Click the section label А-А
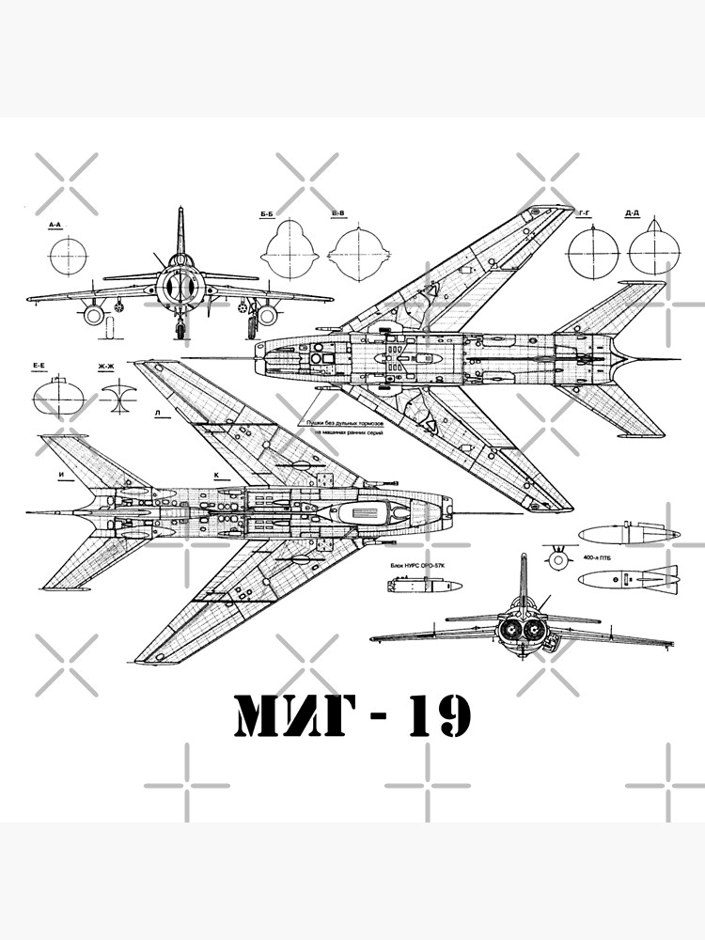pyautogui.click(x=55, y=226)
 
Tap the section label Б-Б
pyautogui.click(x=267, y=215)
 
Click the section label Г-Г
pyautogui.click(x=584, y=214)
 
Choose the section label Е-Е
pyautogui.click(x=39, y=365)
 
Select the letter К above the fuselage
pyautogui.click(x=216, y=476)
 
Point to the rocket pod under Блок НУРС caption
pyautogui.click(x=424, y=586)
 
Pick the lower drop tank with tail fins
pyautogui.click(x=625, y=579)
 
